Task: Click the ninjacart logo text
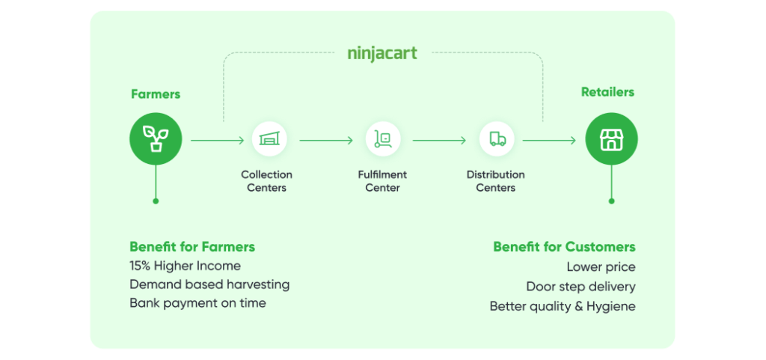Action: pyautogui.click(x=382, y=54)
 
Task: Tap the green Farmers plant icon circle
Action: pyautogui.click(x=156, y=139)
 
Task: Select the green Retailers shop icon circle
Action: pyautogui.click(x=611, y=139)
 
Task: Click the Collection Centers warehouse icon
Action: pyautogui.click(x=269, y=139)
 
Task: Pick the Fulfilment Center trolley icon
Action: pyautogui.click(x=382, y=139)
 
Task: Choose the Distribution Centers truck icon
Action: pyautogui.click(x=497, y=139)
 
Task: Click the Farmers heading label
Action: pyautogui.click(x=156, y=94)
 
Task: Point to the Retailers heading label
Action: pyautogui.click(x=607, y=92)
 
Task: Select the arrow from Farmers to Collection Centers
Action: pyautogui.click(x=218, y=141)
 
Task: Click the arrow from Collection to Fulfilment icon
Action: pyautogui.click(x=326, y=141)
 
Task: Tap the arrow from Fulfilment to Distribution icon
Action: pyautogui.click(x=439, y=141)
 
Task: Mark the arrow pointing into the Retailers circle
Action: pyautogui.click(x=550, y=141)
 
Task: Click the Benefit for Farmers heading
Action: pyautogui.click(x=192, y=247)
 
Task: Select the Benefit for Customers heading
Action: pyautogui.click(x=564, y=247)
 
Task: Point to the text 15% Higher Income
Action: pyautogui.click(x=186, y=266)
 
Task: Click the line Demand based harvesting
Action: pyautogui.click(x=209, y=284)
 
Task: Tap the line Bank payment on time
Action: pyautogui.click(x=197, y=303)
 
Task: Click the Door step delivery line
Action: pyautogui.click(x=580, y=287)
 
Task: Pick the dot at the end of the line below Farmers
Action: pyautogui.click(x=156, y=201)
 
